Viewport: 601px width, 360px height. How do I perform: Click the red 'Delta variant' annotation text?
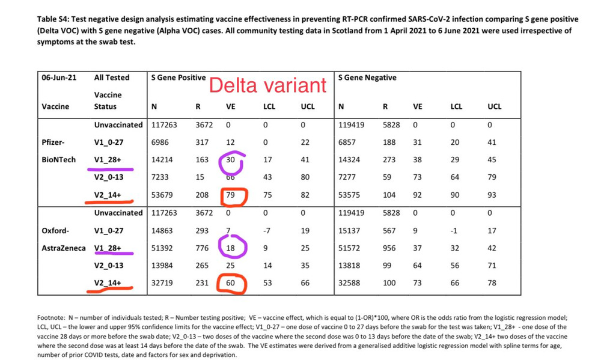pos(267,85)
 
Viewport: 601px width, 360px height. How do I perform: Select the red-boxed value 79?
pos(230,195)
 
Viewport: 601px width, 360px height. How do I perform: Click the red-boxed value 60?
pos(230,282)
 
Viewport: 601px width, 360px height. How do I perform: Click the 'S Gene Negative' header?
pos(367,78)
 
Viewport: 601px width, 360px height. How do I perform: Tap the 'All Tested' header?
pos(112,78)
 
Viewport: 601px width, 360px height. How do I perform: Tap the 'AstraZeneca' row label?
pos(64,248)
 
